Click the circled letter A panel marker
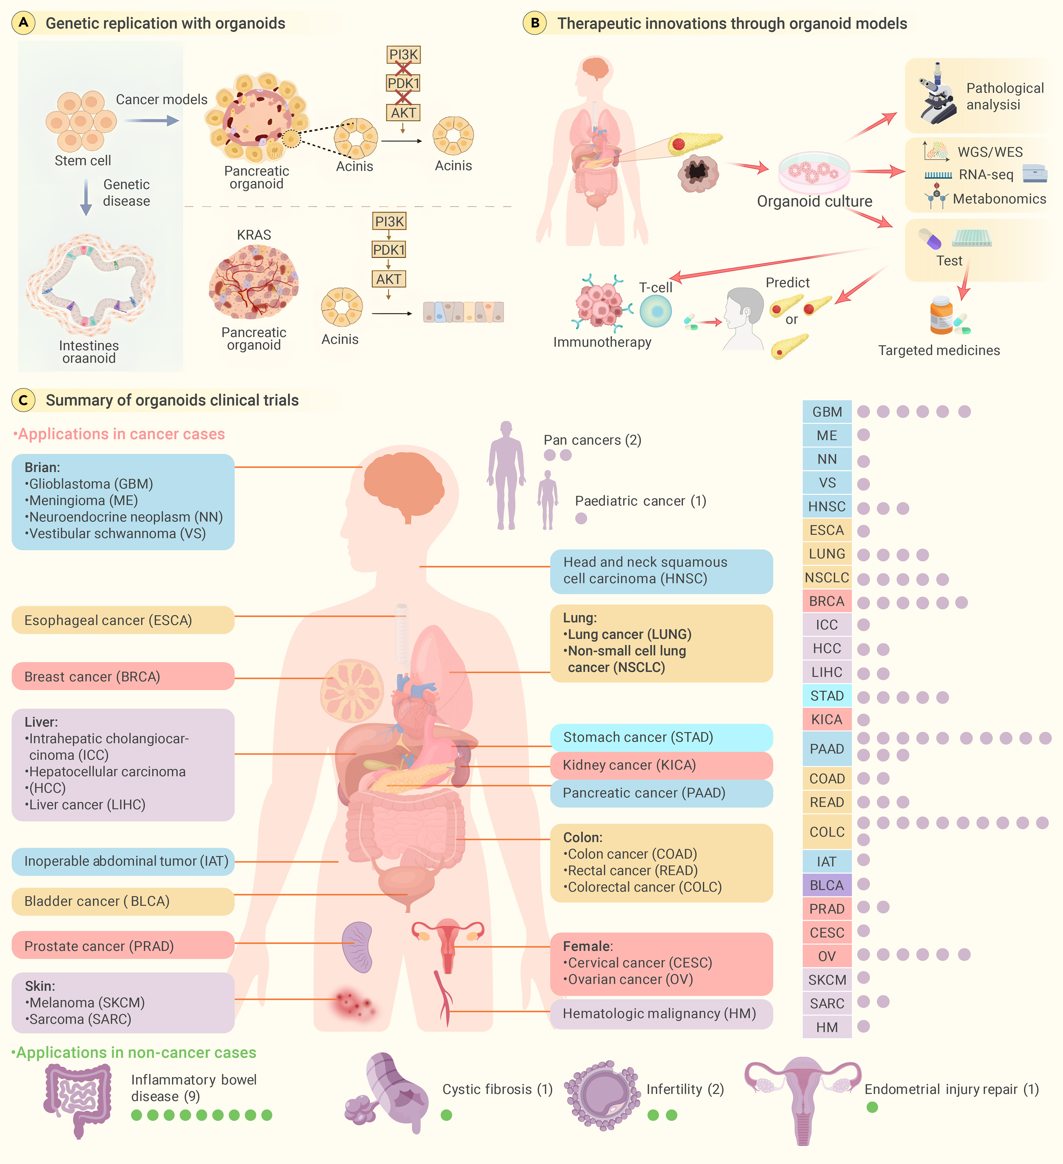23,23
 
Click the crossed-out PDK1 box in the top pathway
403,83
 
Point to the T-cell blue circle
655,311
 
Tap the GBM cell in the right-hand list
827,412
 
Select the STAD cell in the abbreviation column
827,696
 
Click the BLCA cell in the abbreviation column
827,885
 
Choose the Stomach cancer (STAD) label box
661,737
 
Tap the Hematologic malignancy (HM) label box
661,1014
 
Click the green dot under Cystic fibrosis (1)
446,1115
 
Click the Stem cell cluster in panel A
81,121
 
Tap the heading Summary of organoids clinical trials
172,400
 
